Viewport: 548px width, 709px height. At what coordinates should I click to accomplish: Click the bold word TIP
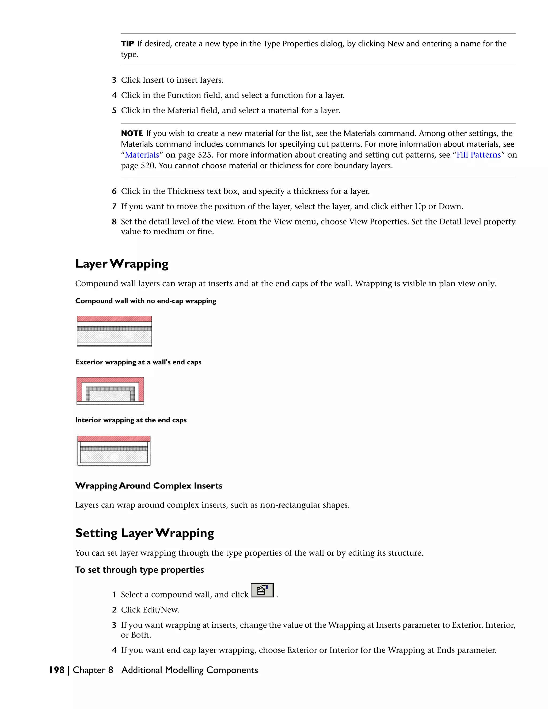pyautogui.click(x=127, y=44)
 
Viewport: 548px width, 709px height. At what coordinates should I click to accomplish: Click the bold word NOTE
pyautogui.click(x=132, y=134)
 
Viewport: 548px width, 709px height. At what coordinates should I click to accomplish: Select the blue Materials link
pyautogui.click(x=142, y=155)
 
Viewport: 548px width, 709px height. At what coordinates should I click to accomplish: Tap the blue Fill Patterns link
pyautogui.click(x=478, y=155)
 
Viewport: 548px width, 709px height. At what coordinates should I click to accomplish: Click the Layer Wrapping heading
pyautogui.click(x=122, y=264)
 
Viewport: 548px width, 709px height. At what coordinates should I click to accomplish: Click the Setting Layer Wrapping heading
pyautogui.click(x=144, y=533)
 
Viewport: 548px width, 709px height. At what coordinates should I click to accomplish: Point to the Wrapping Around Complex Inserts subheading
pyautogui.click(x=149, y=486)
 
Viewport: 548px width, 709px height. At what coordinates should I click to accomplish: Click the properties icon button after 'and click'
pyautogui.click(x=262, y=590)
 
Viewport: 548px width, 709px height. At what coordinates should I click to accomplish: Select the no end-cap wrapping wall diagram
pyautogui.click(x=114, y=331)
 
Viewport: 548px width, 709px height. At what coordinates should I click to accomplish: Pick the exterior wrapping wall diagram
pyautogui.click(x=110, y=391)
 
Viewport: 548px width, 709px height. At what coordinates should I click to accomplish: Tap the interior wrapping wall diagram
pyautogui.click(x=114, y=451)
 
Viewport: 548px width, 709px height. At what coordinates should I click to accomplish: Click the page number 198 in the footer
pyautogui.click(x=57, y=670)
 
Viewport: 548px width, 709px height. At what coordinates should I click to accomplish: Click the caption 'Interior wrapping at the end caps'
pyautogui.click(x=131, y=420)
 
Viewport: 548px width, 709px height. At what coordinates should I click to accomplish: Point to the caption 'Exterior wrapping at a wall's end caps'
pyautogui.click(x=138, y=362)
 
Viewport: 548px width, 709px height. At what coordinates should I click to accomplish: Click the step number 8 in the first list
pyautogui.click(x=114, y=222)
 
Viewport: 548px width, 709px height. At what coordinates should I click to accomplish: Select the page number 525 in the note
pyautogui.click(x=204, y=155)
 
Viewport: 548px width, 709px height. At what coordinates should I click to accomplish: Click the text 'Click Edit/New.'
pyautogui.click(x=150, y=610)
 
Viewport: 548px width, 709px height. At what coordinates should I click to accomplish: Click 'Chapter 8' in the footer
pyautogui.click(x=93, y=670)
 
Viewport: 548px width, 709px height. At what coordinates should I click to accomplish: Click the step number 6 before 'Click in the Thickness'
pyautogui.click(x=114, y=192)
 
